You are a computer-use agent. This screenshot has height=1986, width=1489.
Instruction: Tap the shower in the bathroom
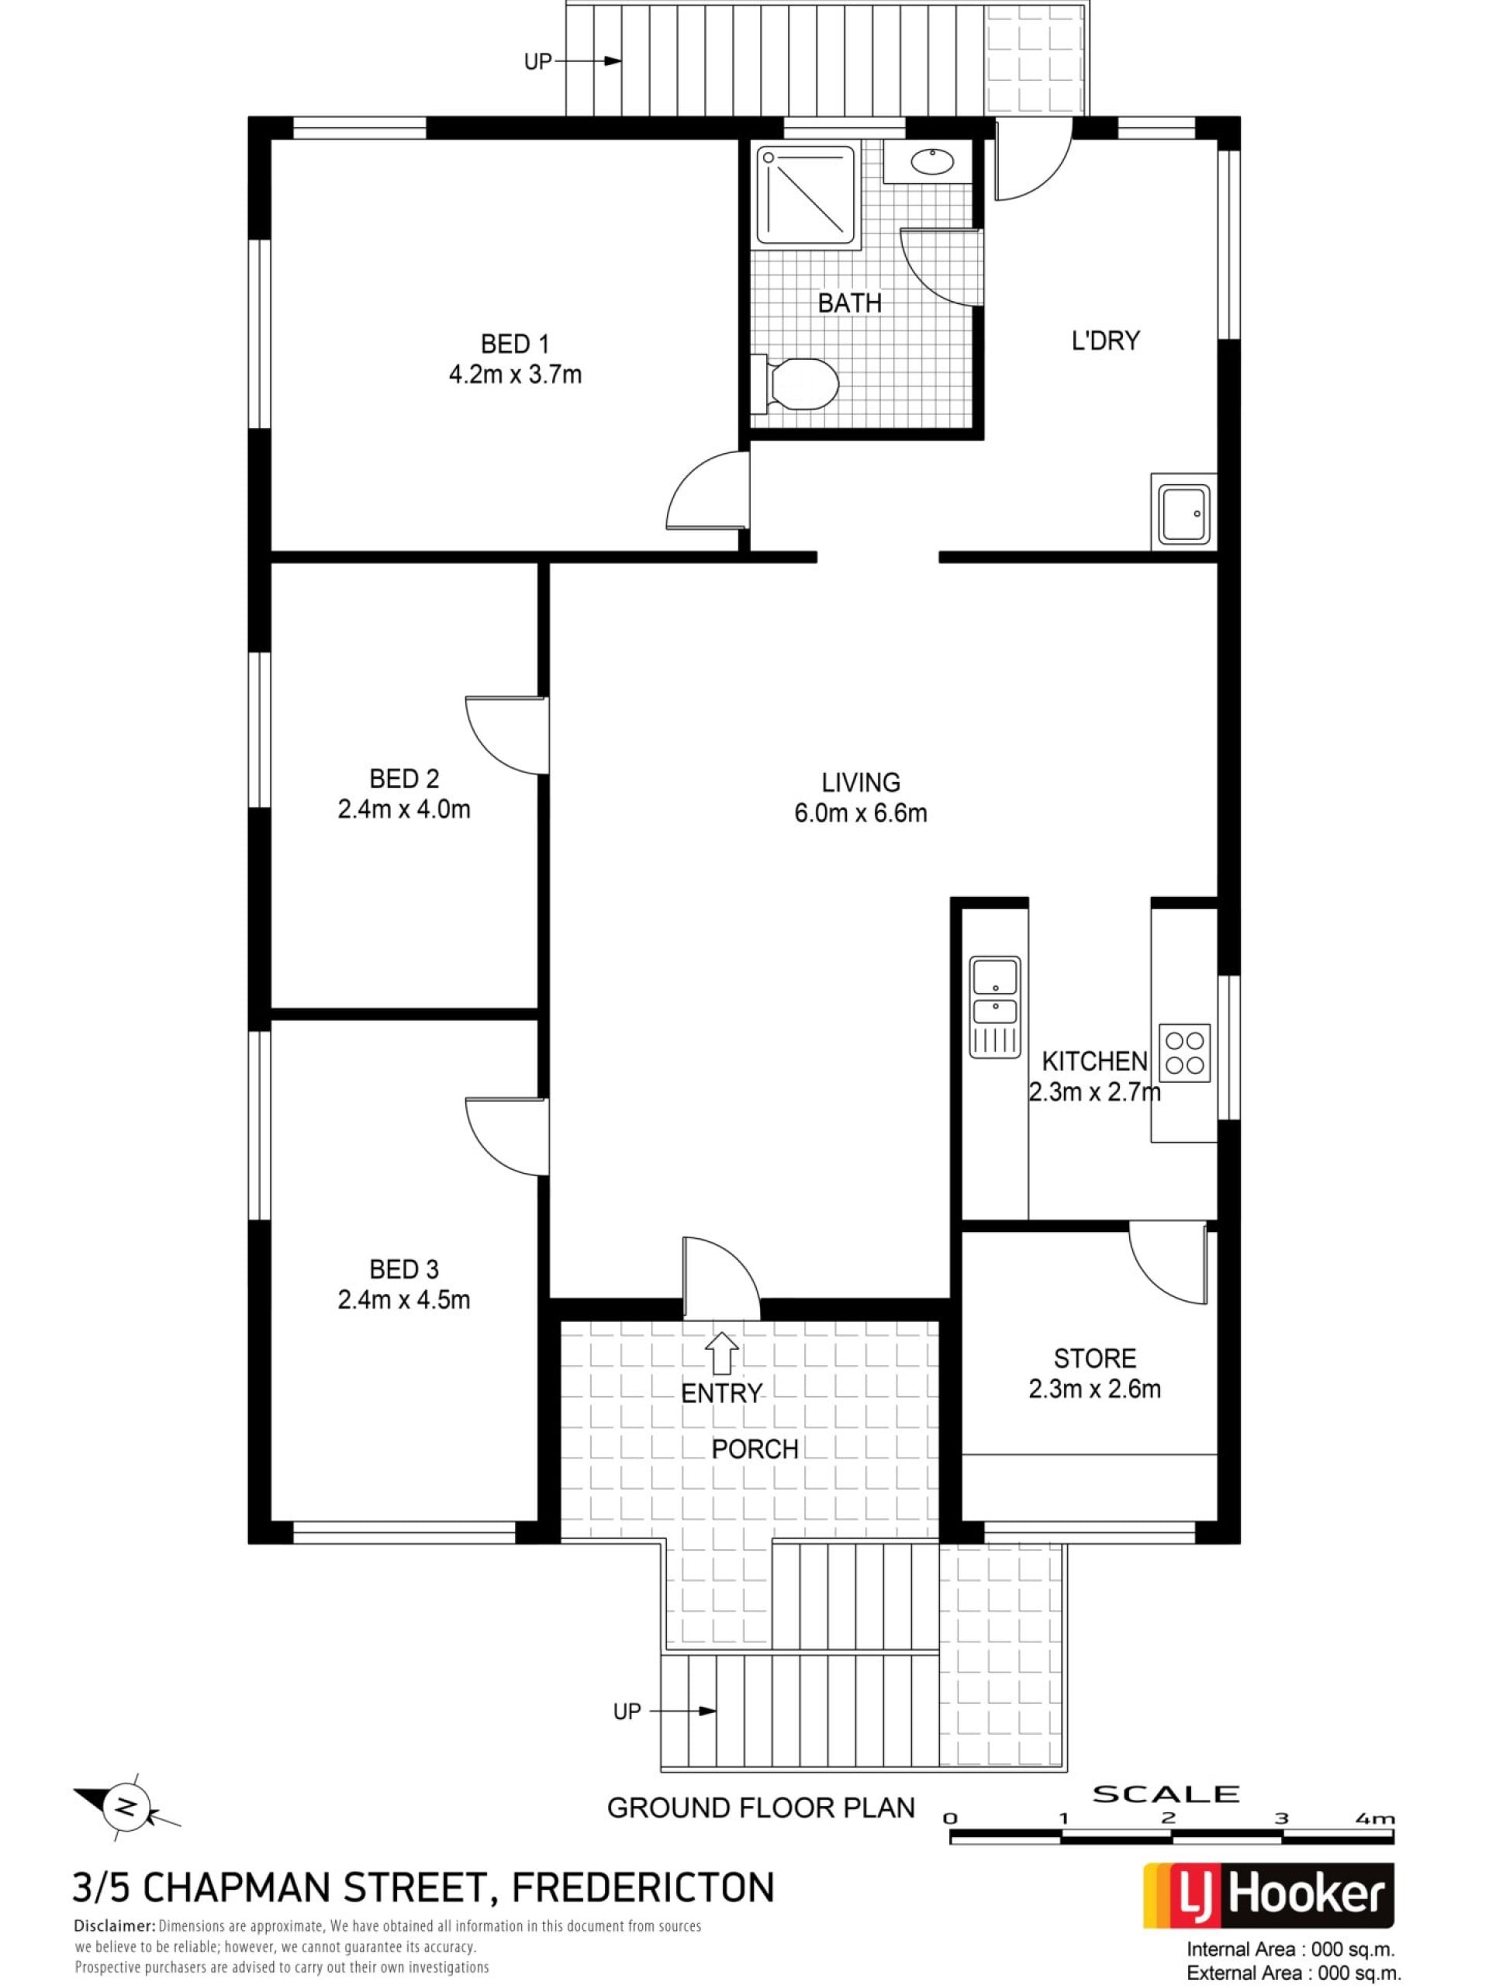pos(807,195)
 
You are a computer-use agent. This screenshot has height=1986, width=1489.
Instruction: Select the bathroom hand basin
pos(928,162)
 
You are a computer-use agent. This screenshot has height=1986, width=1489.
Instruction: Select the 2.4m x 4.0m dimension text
pos(404,809)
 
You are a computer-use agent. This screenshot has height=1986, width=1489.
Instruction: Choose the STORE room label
pos(1095,1358)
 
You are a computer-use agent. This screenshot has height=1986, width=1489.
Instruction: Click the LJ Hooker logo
pos(1268,1896)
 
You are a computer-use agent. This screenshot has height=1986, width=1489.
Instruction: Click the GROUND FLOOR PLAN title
pos(761,1808)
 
